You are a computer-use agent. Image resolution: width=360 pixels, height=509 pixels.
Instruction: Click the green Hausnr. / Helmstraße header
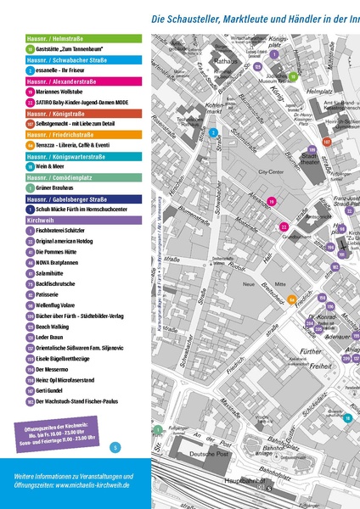click(76, 39)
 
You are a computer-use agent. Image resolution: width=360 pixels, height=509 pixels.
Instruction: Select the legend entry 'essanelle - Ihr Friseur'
click(63, 70)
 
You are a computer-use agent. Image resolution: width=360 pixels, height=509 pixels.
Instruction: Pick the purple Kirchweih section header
click(76, 220)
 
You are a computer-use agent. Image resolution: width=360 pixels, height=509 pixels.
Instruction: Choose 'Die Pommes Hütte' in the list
click(59, 253)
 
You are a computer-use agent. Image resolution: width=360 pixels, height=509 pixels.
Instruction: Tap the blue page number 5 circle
click(115, 447)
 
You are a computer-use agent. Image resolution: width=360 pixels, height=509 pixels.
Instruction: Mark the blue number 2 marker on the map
click(213, 133)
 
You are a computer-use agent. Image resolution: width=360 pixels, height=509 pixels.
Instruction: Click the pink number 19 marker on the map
click(271, 201)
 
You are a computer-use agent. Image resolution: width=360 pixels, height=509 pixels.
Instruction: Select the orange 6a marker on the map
click(292, 299)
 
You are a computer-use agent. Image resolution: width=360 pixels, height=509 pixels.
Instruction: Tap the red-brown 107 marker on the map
click(326, 143)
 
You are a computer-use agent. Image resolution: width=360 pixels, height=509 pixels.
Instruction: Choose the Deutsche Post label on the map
click(224, 454)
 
